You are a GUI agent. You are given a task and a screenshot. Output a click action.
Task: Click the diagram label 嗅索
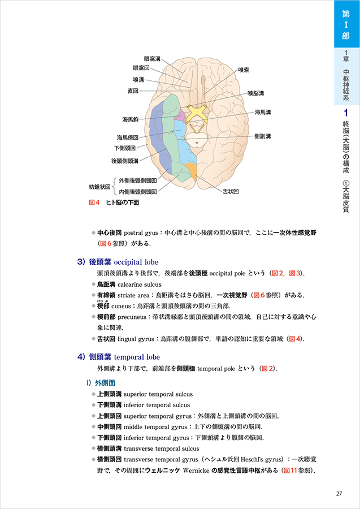coord(244,70)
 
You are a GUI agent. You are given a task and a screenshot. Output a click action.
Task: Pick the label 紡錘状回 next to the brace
coord(99,186)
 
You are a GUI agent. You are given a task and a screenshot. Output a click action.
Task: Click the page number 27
coord(339,494)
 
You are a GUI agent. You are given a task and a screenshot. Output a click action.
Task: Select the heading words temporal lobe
coord(137,357)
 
